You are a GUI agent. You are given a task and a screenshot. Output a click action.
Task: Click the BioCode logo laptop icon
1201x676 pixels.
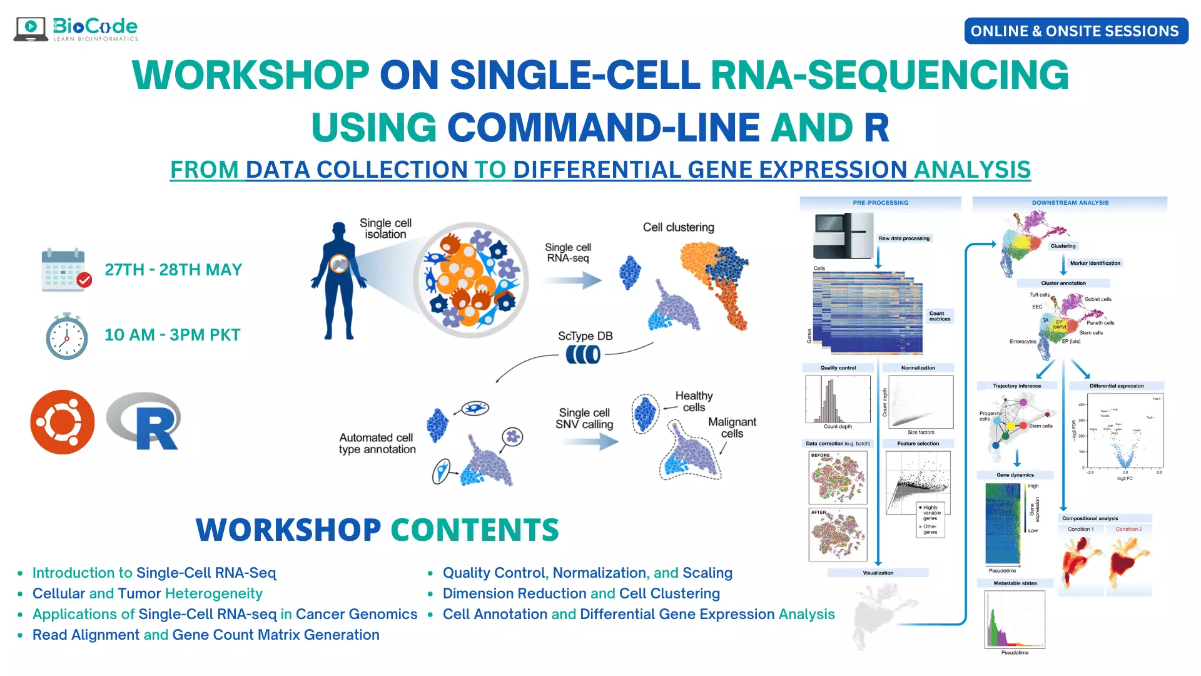coord(31,29)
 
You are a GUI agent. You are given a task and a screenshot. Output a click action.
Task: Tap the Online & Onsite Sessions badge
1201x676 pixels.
coord(1075,31)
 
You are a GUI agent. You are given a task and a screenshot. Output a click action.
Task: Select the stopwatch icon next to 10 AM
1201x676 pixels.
coord(66,336)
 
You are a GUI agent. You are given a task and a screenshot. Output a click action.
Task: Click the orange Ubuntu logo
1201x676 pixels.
coord(63,422)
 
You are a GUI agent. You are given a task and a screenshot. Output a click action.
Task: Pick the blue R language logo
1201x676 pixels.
coord(145,421)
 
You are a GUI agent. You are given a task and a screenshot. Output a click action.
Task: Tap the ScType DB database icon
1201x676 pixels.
coord(583,354)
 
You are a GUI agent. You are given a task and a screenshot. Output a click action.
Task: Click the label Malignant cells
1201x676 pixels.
coord(732,428)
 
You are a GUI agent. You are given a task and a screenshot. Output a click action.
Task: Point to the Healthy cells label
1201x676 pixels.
coord(694,401)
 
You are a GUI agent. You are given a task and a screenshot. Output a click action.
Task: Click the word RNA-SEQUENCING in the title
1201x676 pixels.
coord(889,75)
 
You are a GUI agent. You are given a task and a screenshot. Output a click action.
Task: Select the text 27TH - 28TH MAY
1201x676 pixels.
coord(173,270)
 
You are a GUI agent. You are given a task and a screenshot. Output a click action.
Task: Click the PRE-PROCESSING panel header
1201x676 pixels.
coord(880,203)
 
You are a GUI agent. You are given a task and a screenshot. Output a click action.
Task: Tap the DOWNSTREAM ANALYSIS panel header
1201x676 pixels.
coord(1070,203)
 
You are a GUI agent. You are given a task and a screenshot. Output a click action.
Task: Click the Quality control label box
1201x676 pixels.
coord(838,368)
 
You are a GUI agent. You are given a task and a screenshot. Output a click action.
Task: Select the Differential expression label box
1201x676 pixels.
coord(1116,386)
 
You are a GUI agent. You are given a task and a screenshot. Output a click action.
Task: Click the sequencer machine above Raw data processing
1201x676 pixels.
coord(843,236)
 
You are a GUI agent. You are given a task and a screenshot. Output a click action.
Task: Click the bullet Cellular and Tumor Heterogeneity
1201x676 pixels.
coord(147,593)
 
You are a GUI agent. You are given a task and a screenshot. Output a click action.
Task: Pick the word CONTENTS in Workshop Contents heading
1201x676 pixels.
coord(475,530)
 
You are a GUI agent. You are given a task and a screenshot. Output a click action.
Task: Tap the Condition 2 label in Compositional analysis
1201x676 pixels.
coord(1128,530)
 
